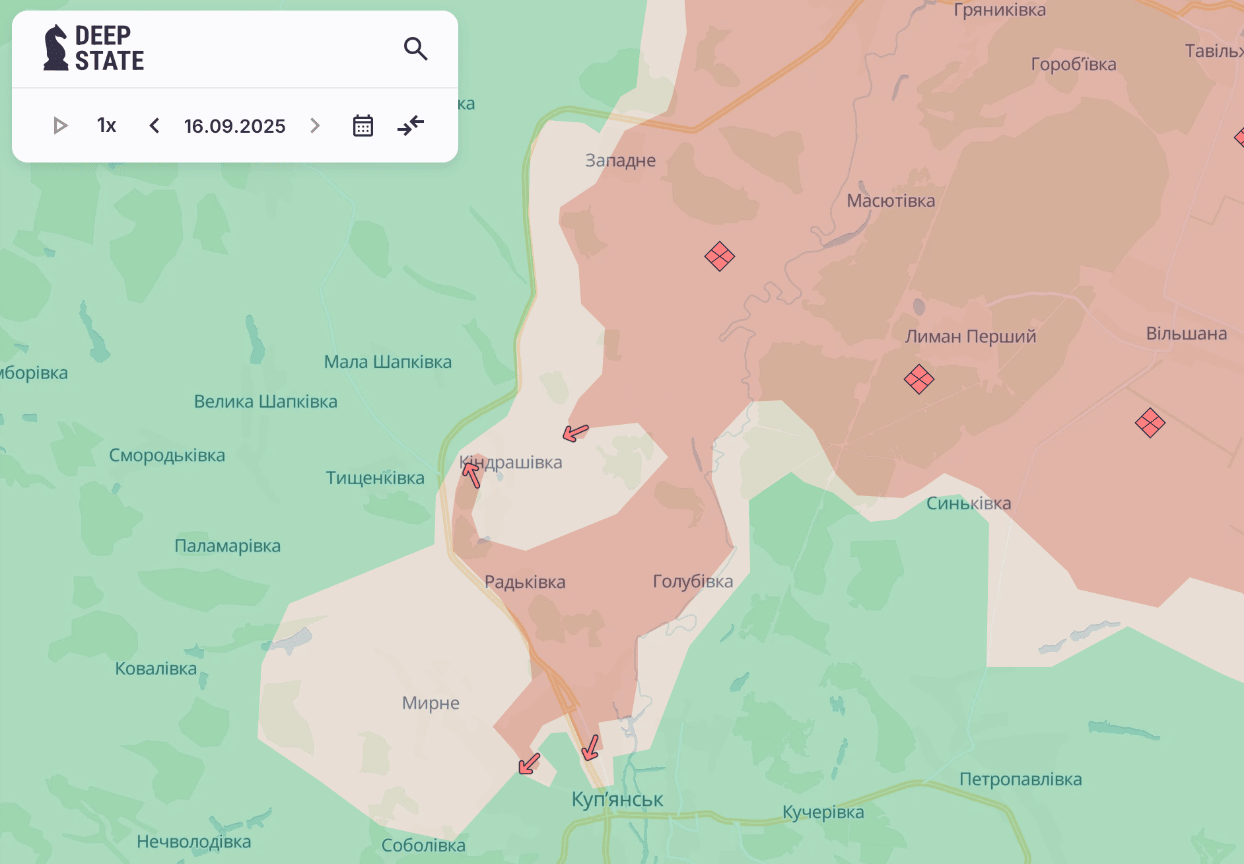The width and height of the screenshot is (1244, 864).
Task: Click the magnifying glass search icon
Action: click(415, 49)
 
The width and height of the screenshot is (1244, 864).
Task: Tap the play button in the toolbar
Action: click(60, 126)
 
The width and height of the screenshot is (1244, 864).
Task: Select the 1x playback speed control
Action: click(106, 126)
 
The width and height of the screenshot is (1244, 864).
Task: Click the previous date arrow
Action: click(155, 126)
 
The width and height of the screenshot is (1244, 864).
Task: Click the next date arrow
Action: click(315, 126)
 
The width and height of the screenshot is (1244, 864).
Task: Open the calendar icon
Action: click(363, 126)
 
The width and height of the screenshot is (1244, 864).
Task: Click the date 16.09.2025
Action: click(234, 126)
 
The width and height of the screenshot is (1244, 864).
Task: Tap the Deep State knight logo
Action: click(56, 48)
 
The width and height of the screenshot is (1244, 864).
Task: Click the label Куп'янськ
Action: click(617, 799)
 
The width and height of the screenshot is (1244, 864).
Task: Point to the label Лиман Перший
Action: click(970, 336)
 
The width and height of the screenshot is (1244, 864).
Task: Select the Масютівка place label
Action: click(891, 201)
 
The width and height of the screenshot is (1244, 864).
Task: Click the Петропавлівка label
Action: click(1020, 779)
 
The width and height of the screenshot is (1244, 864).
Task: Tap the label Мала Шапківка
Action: click(388, 362)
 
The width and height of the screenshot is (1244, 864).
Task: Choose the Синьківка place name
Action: click(968, 503)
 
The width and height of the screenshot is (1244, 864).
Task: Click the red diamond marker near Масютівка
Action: click(719, 256)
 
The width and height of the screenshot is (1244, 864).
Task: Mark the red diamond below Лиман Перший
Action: click(918, 379)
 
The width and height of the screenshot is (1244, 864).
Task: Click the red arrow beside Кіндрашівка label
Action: click(471, 474)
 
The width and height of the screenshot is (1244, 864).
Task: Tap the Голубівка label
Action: click(693, 581)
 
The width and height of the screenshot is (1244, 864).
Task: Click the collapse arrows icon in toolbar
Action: click(411, 126)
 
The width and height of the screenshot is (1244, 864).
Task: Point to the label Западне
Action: click(620, 161)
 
